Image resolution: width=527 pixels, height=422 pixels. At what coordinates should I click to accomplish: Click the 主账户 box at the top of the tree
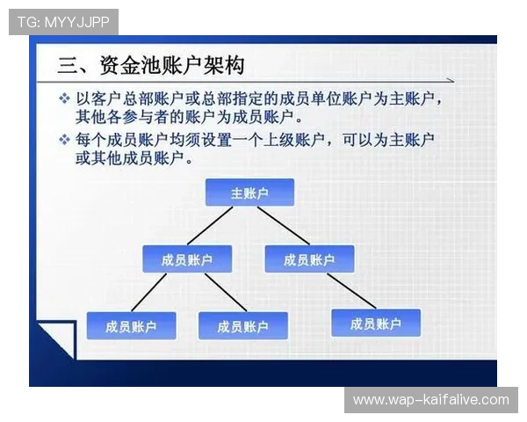(x=249, y=193)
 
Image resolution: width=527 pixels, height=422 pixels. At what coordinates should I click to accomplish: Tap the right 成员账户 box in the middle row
(x=308, y=259)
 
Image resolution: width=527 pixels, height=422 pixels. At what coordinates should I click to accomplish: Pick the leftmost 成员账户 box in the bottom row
(x=130, y=326)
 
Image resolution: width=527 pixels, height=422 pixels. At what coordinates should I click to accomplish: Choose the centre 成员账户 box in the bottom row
(x=242, y=326)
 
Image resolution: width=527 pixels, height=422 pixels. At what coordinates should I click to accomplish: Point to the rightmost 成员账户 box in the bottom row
(x=375, y=324)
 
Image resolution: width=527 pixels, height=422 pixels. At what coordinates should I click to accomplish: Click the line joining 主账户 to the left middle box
(x=210, y=226)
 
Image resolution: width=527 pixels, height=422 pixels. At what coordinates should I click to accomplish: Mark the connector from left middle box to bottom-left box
(x=149, y=292)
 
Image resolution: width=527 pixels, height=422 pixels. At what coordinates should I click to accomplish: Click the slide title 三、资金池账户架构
(x=150, y=65)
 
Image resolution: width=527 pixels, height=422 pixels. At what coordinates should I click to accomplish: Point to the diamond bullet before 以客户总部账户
(x=64, y=97)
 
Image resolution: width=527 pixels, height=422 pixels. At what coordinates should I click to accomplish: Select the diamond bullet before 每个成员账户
(x=64, y=140)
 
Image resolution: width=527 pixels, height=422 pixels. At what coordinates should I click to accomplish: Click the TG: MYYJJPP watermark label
(x=63, y=22)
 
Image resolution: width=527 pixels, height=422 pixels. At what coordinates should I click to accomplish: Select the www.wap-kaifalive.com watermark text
(x=430, y=400)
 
